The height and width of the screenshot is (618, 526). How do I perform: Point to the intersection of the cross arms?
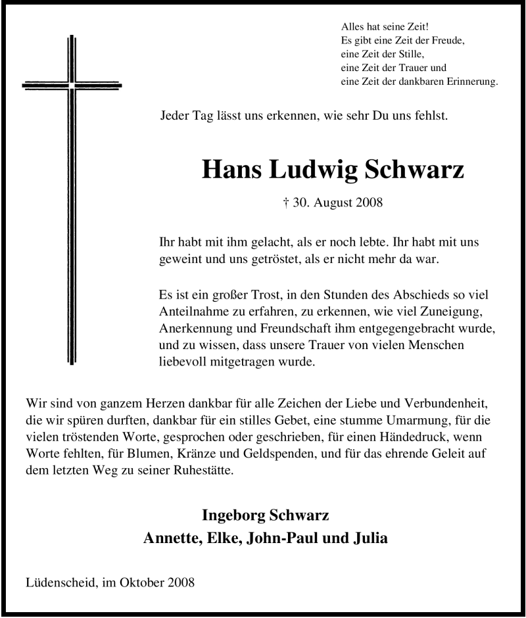pyautogui.click(x=71, y=85)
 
